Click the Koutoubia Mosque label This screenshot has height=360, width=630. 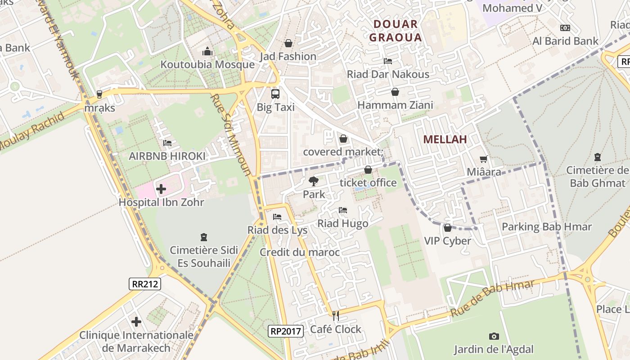coord(207,64)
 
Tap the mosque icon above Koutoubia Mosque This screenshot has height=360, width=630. coord(207,51)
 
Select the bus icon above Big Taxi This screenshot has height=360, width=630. coord(275,94)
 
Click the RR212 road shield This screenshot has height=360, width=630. coord(144,284)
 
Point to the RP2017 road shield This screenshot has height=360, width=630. coord(285,331)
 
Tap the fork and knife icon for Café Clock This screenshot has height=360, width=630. coord(335,315)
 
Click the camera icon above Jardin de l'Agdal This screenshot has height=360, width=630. coord(494,336)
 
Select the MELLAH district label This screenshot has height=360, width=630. coord(445,139)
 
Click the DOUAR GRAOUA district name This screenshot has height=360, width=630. coord(396,31)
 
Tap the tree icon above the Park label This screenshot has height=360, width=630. coord(314,181)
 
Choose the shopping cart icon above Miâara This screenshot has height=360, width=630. coord(484,159)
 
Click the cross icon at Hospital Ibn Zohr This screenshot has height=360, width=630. coord(161,189)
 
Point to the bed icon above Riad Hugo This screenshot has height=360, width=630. coord(343,210)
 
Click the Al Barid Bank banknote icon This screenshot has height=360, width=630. coord(565,28)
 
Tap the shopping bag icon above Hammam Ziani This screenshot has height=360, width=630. coord(395,92)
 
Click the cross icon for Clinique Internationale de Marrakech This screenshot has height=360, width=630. coord(136,322)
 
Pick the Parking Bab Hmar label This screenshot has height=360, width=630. coord(546,226)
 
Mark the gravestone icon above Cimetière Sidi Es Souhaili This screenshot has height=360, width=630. coord(204,237)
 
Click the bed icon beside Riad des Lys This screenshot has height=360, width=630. coord(277,217)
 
